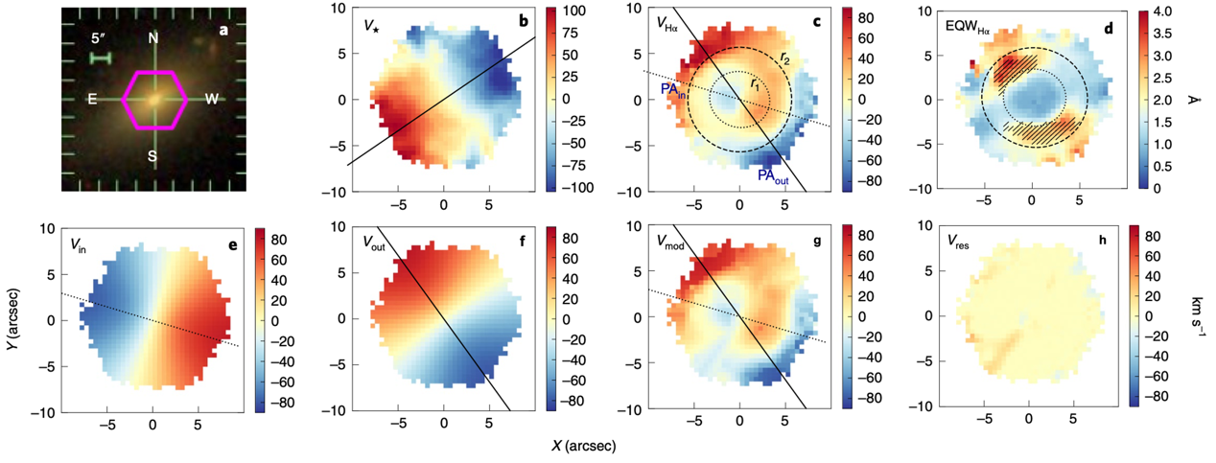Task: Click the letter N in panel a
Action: pos(152,38)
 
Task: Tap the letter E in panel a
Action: pos(92,98)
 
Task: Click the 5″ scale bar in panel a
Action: pos(101,58)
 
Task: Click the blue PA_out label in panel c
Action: pos(773,175)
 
